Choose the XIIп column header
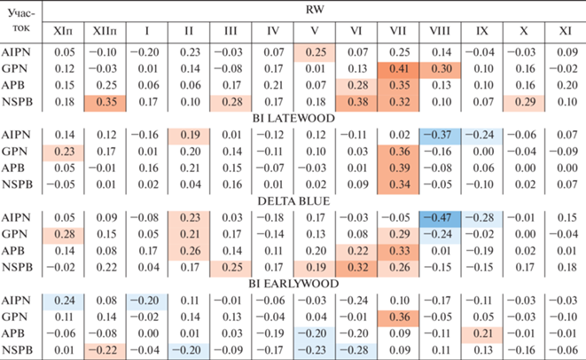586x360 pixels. [x=107, y=31]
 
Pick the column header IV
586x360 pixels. [x=272, y=31]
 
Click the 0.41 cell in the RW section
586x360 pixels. [x=397, y=69]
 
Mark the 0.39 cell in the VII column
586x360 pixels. [x=397, y=168]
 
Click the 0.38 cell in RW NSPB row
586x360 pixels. [x=356, y=102]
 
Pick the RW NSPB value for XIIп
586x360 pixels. [x=107, y=102]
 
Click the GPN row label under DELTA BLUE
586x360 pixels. [x=20, y=234]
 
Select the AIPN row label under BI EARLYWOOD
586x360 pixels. [x=20, y=301]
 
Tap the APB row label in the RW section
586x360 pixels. [x=20, y=85]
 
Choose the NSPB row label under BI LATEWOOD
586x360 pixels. [x=20, y=184]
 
